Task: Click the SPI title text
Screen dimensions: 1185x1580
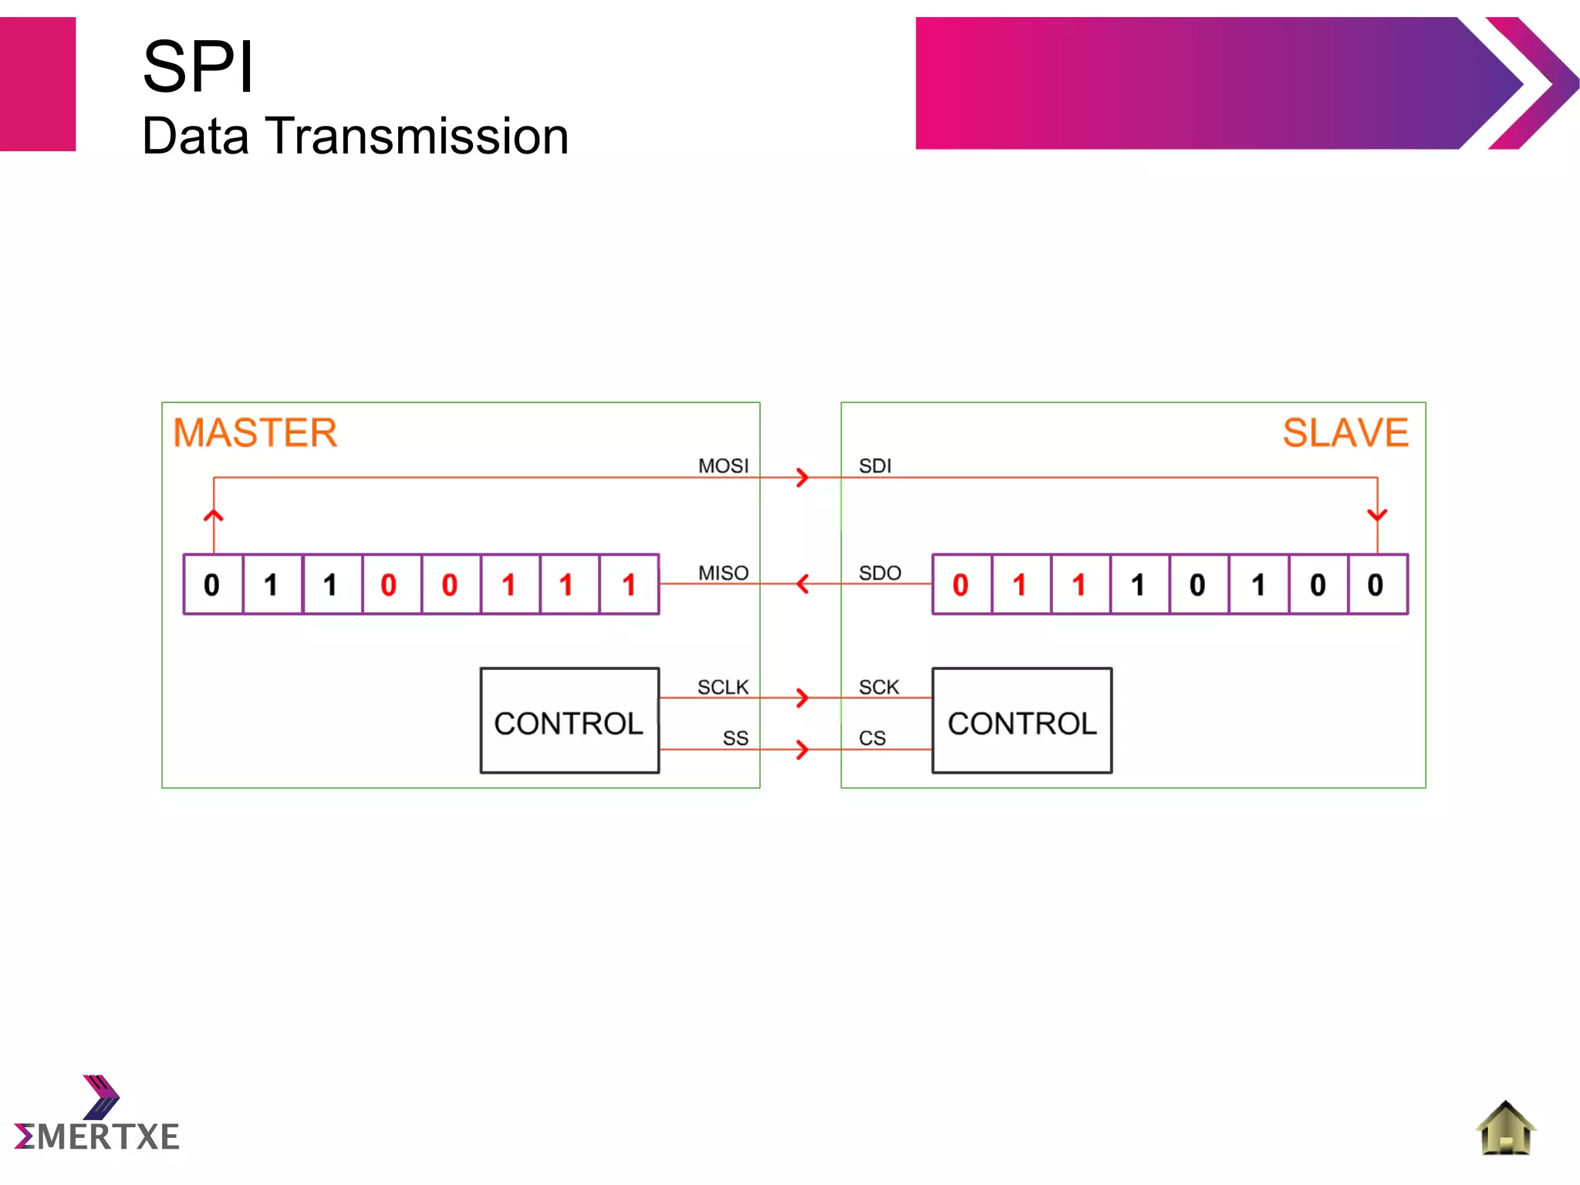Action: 198,68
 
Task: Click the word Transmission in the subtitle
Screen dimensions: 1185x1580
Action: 417,137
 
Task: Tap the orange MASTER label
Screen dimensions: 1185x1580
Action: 255,432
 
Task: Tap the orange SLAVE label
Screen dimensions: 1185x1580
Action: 1345,432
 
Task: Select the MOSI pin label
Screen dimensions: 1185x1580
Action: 723,466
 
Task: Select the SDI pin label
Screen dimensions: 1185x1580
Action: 875,466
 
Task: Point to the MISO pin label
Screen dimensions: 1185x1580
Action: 723,573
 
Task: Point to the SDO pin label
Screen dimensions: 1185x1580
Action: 879,573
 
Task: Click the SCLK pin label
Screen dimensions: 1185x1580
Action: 723,687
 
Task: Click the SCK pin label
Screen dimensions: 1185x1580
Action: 879,687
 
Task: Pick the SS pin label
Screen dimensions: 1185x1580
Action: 735,739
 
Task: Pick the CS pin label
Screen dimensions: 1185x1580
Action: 872,739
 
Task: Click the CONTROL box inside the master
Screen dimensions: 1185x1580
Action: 569,721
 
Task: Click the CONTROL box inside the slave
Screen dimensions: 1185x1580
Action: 1021,721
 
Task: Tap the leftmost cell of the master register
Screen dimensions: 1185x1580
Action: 213,584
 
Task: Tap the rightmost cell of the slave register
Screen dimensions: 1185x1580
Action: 1377,584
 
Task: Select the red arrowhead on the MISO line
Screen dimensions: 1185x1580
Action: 802,584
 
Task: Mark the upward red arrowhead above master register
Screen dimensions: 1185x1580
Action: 214,516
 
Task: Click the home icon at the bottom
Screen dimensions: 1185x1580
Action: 1505,1129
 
